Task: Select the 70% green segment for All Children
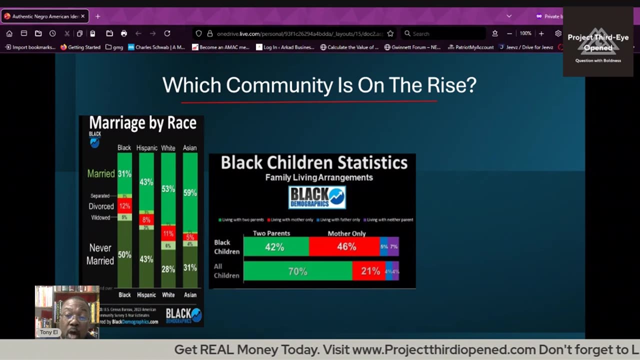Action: pyautogui.click(x=297, y=271)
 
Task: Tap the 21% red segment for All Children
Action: pyautogui.click(x=369, y=271)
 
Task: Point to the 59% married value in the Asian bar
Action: pyautogui.click(x=190, y=192)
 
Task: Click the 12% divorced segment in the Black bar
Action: pyautogui.click(x=124, y=206)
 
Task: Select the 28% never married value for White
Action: pyautogui.click(x=168, y=269)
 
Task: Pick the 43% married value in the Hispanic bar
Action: pyautogui.click(x=146, y=182)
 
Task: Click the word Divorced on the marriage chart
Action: pyautogui.click(x=101, y=206)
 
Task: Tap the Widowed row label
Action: pyautogui.click(x=100, y=217)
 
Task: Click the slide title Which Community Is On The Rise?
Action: pyautogui.click(x=319, y=85)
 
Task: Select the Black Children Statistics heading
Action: pyautogui.click(x=314, y=162)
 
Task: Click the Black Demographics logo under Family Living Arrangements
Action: pyautogui.click(x=317, y=197)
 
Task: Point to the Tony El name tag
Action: pyautogui.click(x=49, y=332)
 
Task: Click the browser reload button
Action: pyautogui.click(x=167, y=33)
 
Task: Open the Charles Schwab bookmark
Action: pyautogui.click(x=156, y=47)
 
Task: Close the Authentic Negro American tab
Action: pyautogui.click(x=83, y=16)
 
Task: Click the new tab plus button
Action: pyautogui.click(x=97, y=16)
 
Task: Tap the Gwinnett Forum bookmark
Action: pyautogui.click(x=412, y=47)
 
